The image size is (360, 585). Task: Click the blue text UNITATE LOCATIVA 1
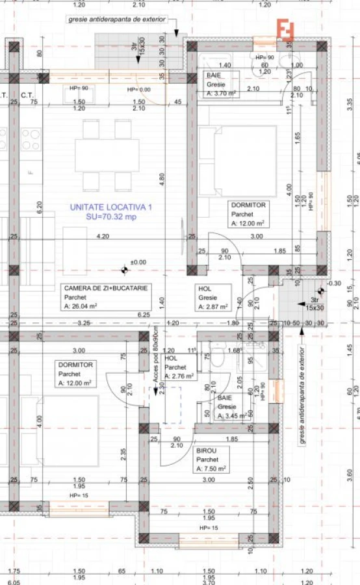click(110, 207)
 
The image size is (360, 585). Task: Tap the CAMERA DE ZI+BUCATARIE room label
click(105, 287)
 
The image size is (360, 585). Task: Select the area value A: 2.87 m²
click(213, 306)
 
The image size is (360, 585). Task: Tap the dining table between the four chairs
click(107, 155)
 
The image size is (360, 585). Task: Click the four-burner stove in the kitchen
click(31, 139)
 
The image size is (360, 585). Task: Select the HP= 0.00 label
click(138, 89)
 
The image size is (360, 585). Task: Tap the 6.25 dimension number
click(144, 315)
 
